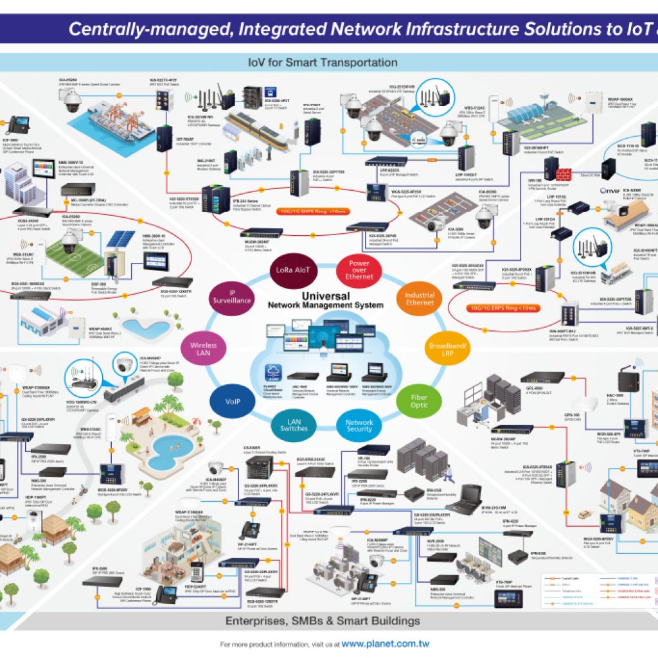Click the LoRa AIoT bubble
tap(293, 270)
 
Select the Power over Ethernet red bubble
tap(359, 270)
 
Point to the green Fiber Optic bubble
tap(420, 401)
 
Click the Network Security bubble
tap(359, 427)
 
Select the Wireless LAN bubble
tap(204, 349)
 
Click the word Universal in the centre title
tap(325, 296)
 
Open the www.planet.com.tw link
tap(385, 643)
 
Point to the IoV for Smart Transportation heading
tap(323, 62)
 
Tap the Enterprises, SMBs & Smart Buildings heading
tap(323, 621)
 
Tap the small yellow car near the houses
tap(584, 515)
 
